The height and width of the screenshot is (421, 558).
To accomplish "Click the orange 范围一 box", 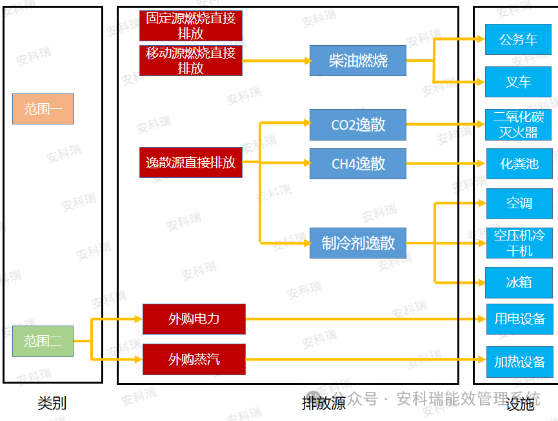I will click(43, 109).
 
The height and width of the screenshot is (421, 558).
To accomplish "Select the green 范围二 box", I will click(43, 341).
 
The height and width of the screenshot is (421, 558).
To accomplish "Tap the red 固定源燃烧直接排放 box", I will click(190, 26).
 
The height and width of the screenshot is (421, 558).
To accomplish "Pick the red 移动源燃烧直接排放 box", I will click(190, 61).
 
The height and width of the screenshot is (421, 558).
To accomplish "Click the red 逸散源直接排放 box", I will click(190, 162).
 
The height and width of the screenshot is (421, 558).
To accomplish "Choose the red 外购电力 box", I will click(194, 319).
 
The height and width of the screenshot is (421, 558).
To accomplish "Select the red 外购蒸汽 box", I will click(194, 359).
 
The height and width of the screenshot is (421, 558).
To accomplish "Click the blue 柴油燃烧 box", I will click(358, 61).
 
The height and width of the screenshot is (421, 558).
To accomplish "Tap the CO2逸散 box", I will click(358, 124).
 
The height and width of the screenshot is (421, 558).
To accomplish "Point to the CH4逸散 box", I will click(358, 164).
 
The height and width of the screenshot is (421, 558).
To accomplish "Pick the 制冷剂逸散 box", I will click(358, 243).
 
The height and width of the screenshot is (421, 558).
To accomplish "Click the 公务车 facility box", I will click(518, 40).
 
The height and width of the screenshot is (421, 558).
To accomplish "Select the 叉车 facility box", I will click(518, 82).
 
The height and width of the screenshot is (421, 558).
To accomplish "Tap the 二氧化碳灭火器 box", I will click(518, 125).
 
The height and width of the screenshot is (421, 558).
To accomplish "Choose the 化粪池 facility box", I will click(519, 164).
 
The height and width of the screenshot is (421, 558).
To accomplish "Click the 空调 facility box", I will click(519, 204).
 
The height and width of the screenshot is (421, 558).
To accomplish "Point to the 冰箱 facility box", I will click(519, 282).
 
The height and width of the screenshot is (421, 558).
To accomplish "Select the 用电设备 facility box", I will click(519, 319).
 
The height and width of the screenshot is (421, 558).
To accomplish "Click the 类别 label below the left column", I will click(52, 404).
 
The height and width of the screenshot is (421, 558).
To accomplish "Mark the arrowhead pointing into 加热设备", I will click(481, 359).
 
